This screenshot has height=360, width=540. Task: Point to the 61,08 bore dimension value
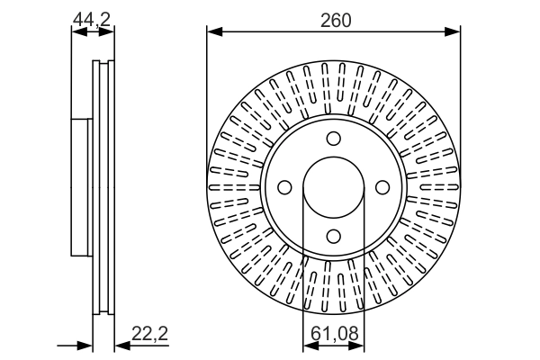(333, 334)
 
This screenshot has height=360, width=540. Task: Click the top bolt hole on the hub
(334, 139)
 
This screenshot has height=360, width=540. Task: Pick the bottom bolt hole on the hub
(334, 236)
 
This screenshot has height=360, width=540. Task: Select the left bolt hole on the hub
(285, 187)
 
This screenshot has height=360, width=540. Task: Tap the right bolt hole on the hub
(382, 187)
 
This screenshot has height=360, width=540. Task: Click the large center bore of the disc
(334, 187)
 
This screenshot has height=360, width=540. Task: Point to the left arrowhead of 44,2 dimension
(76, 32)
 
